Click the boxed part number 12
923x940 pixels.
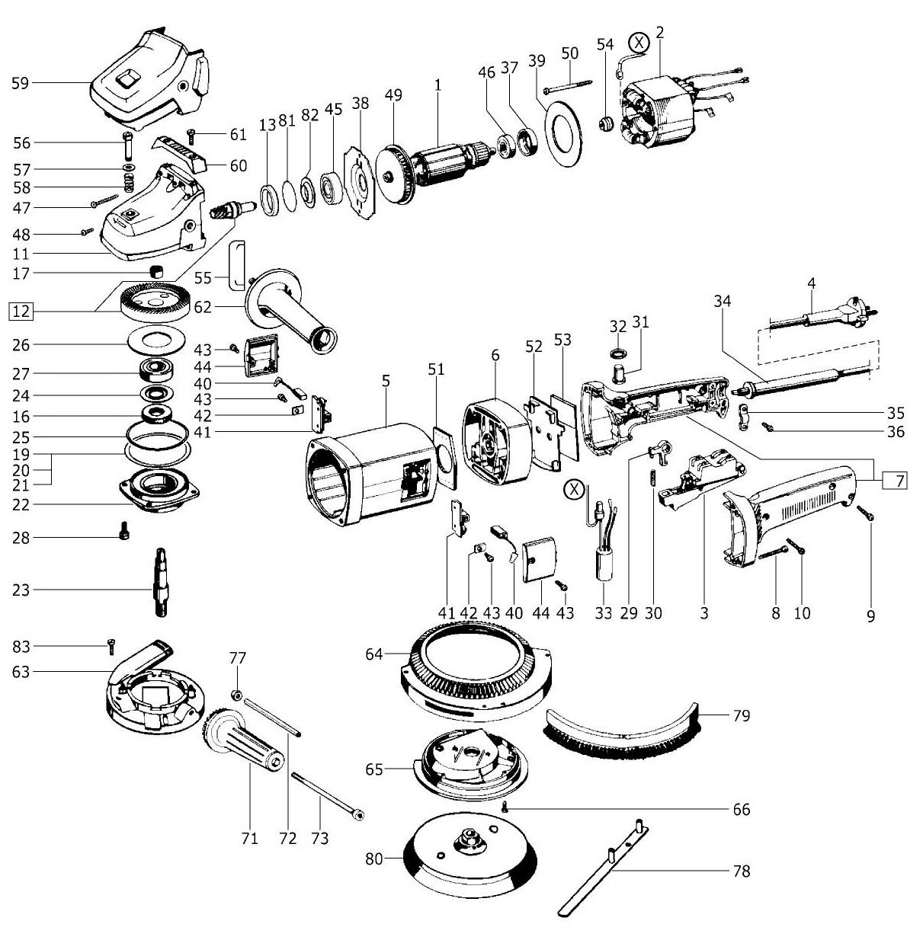pyautogui.click(x=21, y=311)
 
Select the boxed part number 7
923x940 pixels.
pyautogui.click(x=895, y=481)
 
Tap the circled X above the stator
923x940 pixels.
pyautogui.click(x=639, y=43)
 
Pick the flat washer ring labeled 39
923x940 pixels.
pyautogui.click(x=563, y=133)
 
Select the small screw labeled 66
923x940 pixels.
pyautogui.click(x=505, y=807)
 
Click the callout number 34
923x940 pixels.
pyautogui.click(x=723, y=301)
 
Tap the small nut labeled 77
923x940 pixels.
pyautogui.click(x=236, y=694)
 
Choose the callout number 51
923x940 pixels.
pyautogui.click(x=436, y=369)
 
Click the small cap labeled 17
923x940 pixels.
pyautogui.click(x=155, y=270)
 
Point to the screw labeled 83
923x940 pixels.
pyautogui.click(x=111, y=646)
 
